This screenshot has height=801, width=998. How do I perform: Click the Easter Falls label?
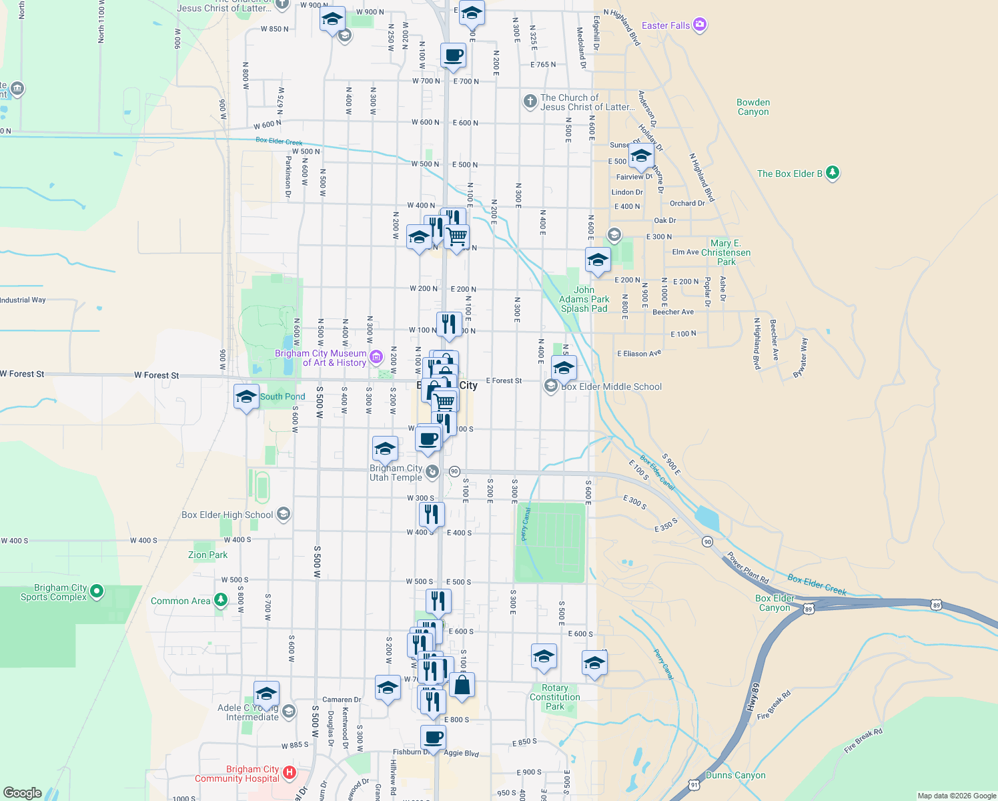coord(665,25)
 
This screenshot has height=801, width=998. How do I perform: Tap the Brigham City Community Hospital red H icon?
coord(290,773)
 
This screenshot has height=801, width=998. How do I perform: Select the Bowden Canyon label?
coord(753,107)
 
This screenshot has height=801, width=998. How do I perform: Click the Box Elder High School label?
coord(227,515)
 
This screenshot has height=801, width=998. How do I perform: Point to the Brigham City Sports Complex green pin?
coord(97,591)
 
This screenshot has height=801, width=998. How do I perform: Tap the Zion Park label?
coord(207,555)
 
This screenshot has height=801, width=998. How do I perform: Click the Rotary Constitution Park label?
coord(554,697)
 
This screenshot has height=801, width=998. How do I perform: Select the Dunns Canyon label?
coord(735,775)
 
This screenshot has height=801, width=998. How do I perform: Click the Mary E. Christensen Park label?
coord(725,252)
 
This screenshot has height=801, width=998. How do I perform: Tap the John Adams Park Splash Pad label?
coord(584,299)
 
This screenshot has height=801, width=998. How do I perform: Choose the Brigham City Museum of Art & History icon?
coord(376,357)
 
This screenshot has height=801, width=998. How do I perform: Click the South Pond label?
coord(282,396)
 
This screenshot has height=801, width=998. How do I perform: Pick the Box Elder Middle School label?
coord(611,386)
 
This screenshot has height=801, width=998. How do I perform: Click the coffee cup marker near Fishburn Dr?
coord(434,738)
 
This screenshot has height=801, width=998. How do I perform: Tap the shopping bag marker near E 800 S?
coord(462,685)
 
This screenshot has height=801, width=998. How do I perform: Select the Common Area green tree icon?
coord(220,600)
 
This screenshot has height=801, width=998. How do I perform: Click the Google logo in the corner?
coord(23,792)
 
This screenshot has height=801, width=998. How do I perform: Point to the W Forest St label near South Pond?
coord(156,375)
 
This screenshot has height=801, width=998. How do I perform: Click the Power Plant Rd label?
coord(747,567)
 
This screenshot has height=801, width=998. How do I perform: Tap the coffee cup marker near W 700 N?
coord(453,56)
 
